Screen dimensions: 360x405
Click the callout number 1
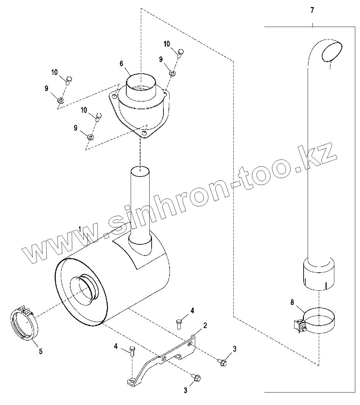pyautogui.click(x=80, y=229)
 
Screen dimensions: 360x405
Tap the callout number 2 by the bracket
pyautogui.click(x=205, y=325)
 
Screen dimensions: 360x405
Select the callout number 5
pyautogui.click(x=41, y=351)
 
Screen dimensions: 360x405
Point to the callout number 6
pyautogui.click(x=121, y=63)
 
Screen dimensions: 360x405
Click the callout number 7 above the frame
pyautogui.click(x=312, y=10)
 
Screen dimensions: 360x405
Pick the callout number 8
pyautogui.click(x=292, y=302)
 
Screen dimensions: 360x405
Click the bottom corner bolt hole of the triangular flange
pyautogui.click(x=145, y=134)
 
